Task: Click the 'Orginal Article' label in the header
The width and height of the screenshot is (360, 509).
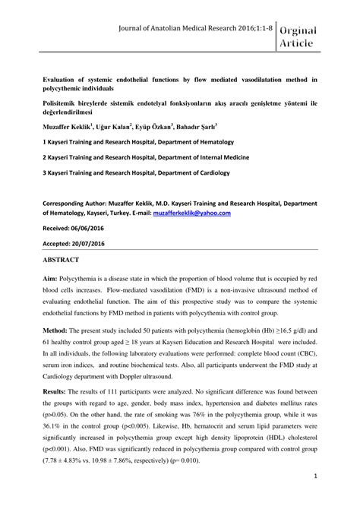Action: click(312, 36)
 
